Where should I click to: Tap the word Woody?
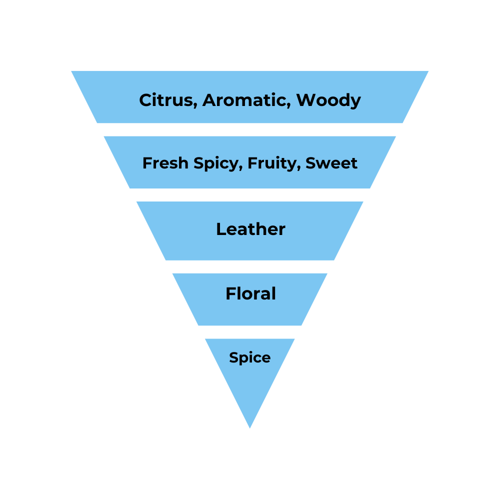[328, 100]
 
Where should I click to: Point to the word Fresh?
[161, 163]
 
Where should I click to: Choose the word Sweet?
[331, 163]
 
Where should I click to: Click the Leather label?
[250, 229]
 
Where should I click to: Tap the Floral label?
[250, 293]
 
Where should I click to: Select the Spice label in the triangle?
[249, 358]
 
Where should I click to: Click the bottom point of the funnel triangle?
[249, 427]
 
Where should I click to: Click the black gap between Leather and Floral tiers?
[250, 266]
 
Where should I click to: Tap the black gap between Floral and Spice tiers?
[250, 332]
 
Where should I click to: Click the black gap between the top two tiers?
[250, 129]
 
